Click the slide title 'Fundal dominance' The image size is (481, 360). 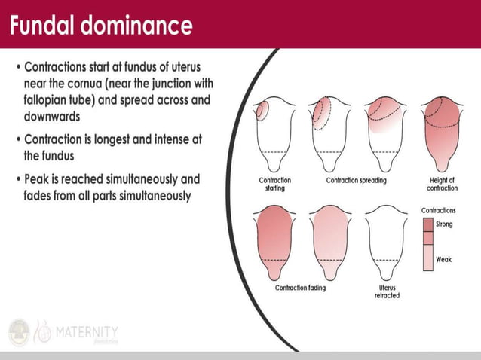pos(101,26)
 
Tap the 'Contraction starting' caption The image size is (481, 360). pos(274,185)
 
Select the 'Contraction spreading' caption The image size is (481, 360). pos(356,181)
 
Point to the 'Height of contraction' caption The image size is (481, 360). pos(441,185)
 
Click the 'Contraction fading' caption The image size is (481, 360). pos(302,288)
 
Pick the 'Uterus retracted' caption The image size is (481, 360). pos(387,291)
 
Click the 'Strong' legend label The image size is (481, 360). pos(444,224)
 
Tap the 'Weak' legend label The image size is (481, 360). pos(443,259)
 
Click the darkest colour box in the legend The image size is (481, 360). pos(427,224)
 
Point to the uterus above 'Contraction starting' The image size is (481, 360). pos(274,132)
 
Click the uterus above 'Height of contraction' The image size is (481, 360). pos(442,132)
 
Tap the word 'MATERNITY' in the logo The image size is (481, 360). pos(86,331)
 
